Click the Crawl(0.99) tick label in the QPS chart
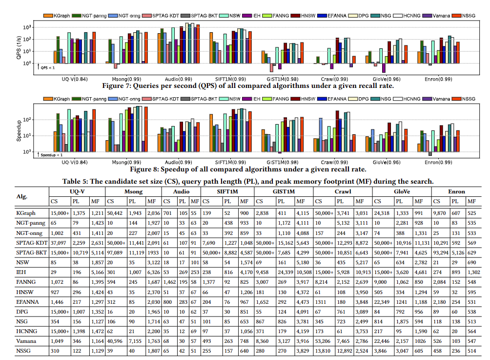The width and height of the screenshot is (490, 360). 335,79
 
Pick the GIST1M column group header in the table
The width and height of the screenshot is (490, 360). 284,191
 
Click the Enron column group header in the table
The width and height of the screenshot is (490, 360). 456,191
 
